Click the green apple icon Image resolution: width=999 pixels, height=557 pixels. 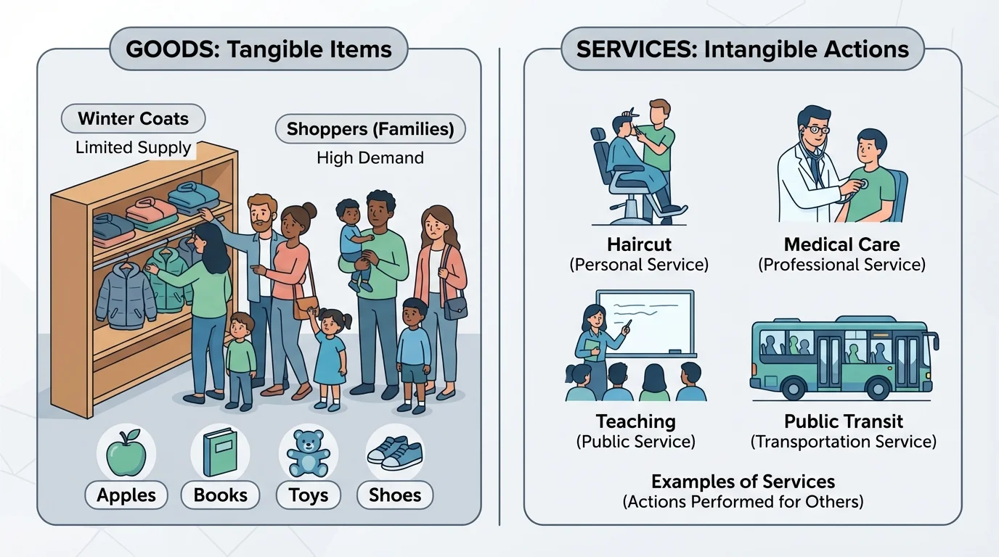126,453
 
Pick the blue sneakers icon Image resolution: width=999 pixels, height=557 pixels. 395,452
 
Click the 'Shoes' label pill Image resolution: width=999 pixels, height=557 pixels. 395,495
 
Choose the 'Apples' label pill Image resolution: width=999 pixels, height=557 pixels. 126,495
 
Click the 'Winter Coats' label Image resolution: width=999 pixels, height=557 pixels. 133,119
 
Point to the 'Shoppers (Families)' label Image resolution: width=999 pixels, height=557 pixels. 370,130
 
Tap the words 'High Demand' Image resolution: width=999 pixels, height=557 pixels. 370,157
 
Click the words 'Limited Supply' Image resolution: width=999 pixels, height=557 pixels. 133,148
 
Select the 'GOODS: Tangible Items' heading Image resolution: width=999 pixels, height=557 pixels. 258,49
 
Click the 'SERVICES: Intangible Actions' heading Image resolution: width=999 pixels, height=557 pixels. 742,49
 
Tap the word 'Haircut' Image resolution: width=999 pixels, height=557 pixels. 639,244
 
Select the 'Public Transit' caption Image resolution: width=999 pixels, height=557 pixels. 843,421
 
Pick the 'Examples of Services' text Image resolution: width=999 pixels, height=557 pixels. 743,482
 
